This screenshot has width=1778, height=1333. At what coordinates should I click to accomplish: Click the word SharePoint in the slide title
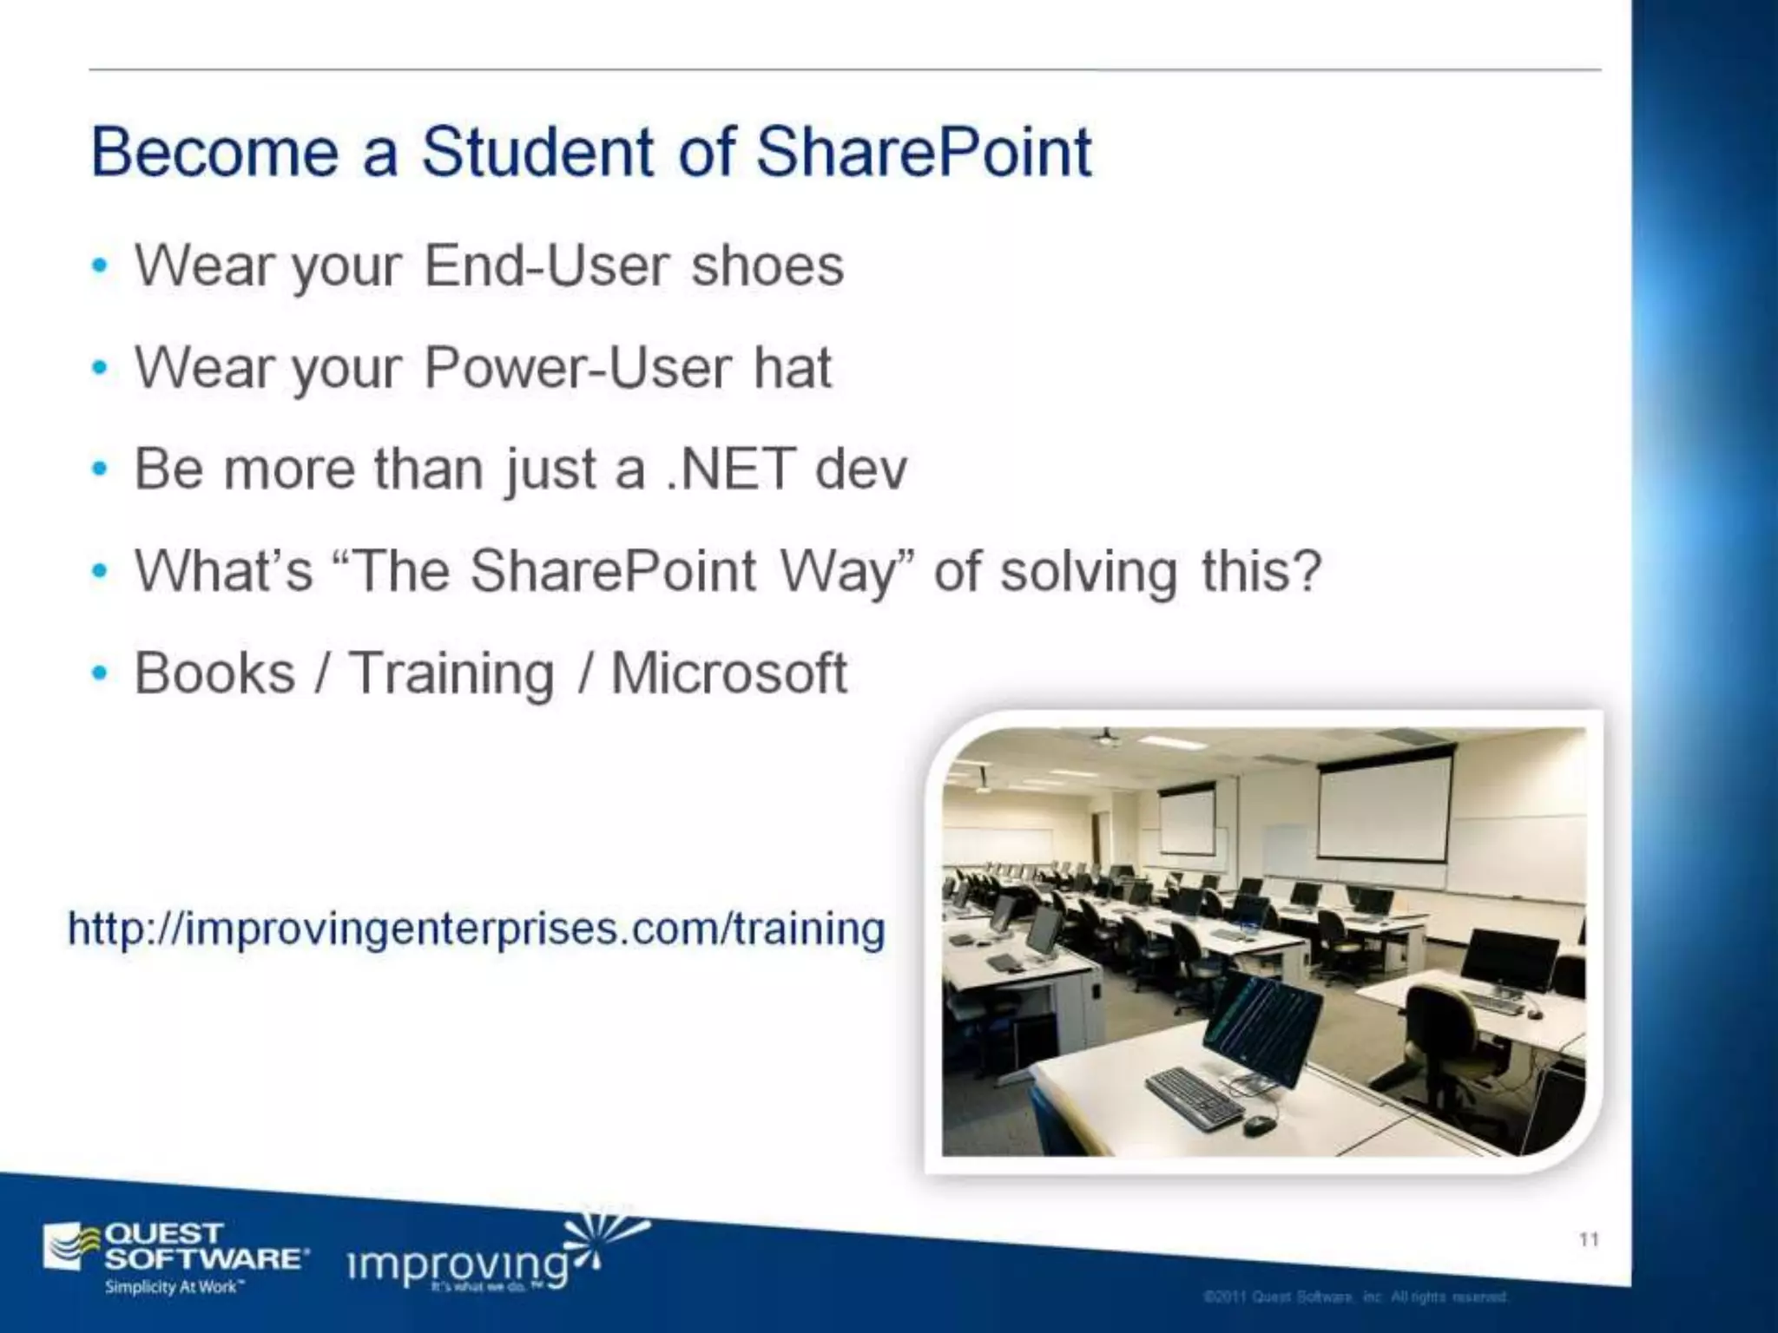click(x=923, y=153)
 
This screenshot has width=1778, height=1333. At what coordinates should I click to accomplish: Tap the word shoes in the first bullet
click(x=767, y=266)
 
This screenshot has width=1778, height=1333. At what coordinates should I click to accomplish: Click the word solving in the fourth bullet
click(x=1089, y=573)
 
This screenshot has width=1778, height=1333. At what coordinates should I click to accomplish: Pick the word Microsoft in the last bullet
click(x=728, y=673)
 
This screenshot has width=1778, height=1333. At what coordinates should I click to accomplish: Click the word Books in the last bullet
click(x=214, y=673)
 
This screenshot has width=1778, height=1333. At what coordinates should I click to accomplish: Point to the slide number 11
click(x=1588, y=1239)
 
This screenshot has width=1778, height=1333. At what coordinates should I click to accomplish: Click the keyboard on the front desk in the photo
click(x=1194, y=1098)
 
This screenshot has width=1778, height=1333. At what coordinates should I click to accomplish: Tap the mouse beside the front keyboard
click(x=1258, y=1125)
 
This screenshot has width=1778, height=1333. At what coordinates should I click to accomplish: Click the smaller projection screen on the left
click(x=1188, y=820)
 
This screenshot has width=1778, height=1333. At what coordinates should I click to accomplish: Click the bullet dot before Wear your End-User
click(x=101, y=266)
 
